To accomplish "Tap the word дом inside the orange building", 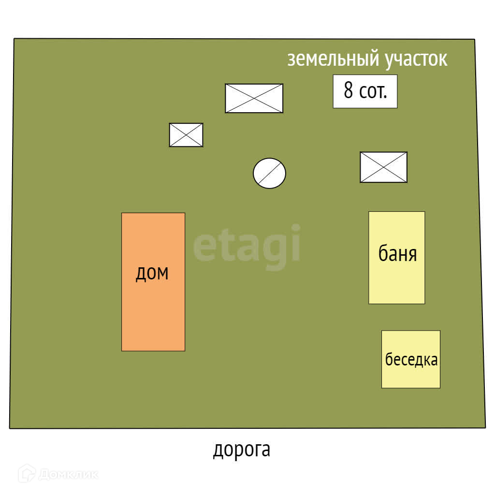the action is pos(152,274).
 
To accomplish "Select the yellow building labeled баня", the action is pos(396,280).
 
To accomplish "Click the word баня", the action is pos(397,254).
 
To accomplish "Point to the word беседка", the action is pos(411,360).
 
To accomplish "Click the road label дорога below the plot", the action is pos(242,450).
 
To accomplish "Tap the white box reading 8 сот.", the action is pos(365,91).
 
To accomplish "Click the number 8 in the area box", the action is pos(348,90).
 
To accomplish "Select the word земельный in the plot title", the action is pos(333,59).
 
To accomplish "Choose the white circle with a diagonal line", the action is pos(269,173).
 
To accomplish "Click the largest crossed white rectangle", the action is pos(254,98).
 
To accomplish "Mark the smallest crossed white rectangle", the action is pos(186,135).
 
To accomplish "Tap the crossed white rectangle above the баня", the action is pos(383,167).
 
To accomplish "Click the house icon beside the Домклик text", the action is pos(27,474).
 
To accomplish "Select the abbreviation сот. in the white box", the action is pos(373,91).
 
